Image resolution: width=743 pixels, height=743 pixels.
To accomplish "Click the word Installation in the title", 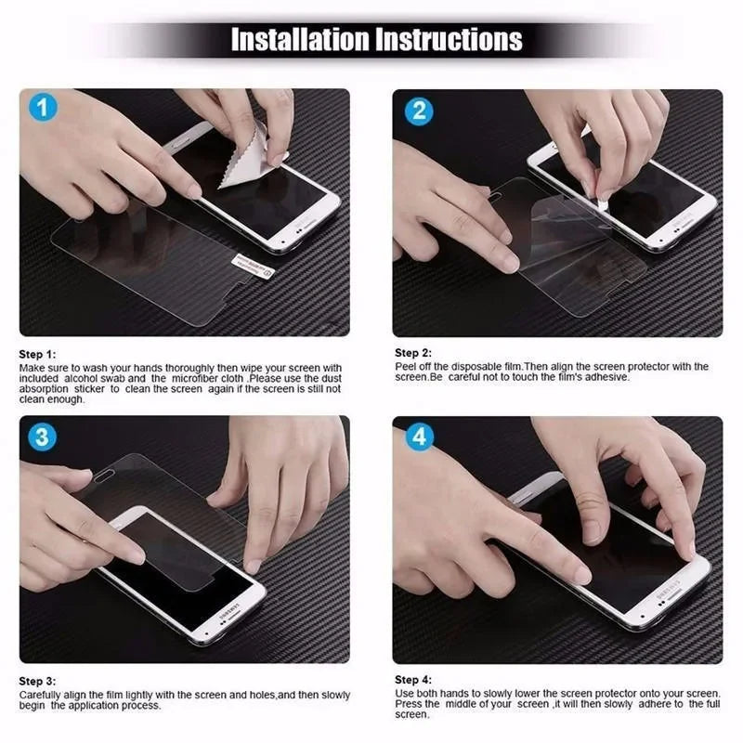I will tap(299, 40).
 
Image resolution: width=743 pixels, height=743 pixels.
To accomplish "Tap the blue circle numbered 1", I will tap(42, 107).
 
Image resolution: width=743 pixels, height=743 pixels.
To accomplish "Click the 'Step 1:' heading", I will tap(38, 355).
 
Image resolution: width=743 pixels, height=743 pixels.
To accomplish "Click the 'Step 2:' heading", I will tap(413, 353).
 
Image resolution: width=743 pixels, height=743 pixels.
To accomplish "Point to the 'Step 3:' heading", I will tap(38, 681).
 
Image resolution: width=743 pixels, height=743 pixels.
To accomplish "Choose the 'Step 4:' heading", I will tap(413, 680).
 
